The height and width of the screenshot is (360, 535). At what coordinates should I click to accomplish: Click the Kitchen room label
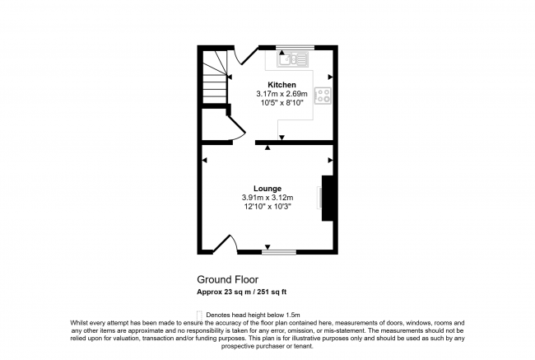281,85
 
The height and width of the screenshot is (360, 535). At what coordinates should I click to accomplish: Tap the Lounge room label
267,188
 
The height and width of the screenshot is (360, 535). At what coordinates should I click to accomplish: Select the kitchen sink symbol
292,58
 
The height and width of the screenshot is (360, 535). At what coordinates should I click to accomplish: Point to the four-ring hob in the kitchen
324,96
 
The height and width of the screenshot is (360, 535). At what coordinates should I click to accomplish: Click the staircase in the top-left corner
215,74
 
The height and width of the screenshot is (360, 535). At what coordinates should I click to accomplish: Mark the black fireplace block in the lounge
328,198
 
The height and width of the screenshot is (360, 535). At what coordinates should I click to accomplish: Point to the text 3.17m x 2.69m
281,95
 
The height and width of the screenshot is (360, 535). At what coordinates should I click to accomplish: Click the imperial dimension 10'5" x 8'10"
281,104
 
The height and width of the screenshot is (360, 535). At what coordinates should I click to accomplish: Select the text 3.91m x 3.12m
267,198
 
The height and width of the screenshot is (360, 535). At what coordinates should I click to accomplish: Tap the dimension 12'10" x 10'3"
267,207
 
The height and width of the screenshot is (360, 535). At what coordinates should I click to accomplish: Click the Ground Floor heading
225,279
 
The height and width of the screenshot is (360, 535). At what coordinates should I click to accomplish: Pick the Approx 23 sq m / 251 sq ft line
241,292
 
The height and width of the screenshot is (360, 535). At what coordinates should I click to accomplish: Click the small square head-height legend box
199,314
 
